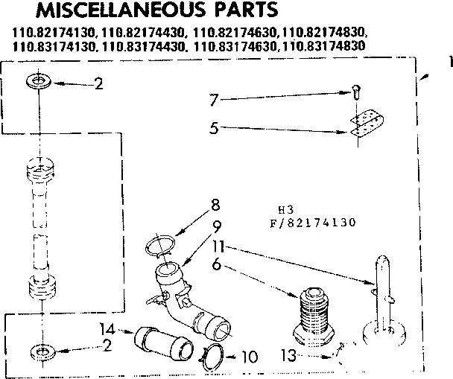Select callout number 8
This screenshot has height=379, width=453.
(x=215, y=203)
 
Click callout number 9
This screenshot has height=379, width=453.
(x=215, y=225)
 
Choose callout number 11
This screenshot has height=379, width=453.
(x=216, y=245)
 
